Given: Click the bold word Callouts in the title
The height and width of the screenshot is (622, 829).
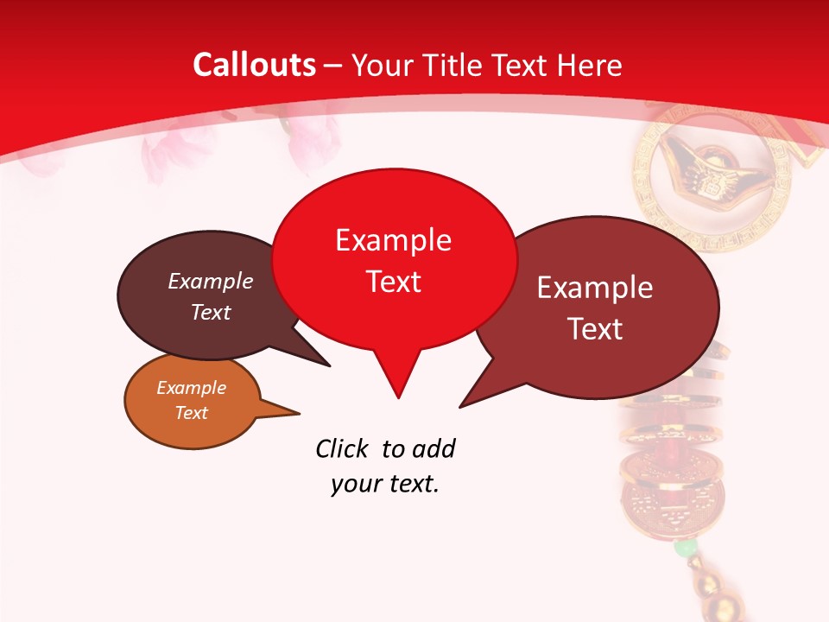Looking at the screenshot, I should coord(254,65).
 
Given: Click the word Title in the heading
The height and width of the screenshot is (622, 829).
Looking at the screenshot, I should coord(455,65).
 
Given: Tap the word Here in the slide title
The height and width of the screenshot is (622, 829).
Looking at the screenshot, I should coord(590,65).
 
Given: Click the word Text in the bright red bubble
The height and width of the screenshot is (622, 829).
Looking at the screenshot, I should coord(393,282).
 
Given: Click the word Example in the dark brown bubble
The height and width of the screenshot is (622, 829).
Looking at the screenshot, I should coord(210,281).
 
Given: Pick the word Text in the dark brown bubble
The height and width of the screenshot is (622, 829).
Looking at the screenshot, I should coord(210,312).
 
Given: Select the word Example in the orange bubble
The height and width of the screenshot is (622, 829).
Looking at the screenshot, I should coord(191,388).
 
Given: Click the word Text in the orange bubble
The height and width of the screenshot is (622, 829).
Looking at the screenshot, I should coord(191,413).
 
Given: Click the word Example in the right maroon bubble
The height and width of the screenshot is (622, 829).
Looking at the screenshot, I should coord(595,287).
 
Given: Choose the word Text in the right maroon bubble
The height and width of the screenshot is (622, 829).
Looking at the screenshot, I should coord(595,328).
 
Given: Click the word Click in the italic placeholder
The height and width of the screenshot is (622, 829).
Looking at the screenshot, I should coord(343,449).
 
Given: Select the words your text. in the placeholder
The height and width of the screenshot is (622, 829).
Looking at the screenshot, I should coord(385,485).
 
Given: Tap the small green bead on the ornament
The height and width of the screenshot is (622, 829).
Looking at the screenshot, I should coord(685,548).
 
